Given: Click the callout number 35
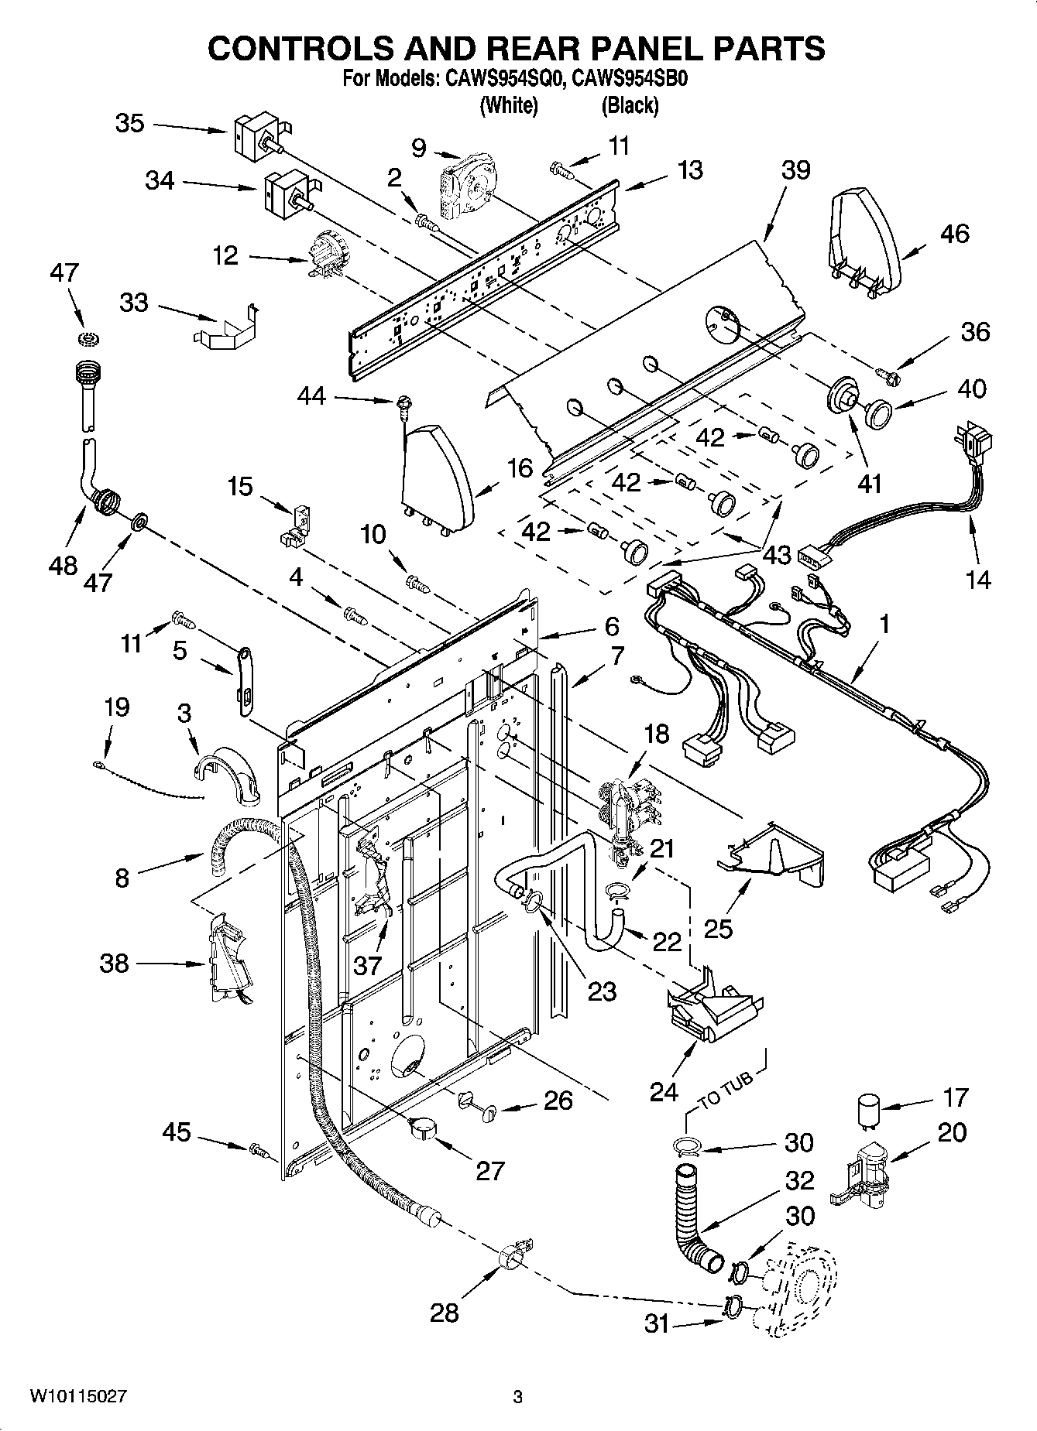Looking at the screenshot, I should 129,124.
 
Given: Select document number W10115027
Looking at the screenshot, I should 78,1396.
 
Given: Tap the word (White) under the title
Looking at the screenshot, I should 509,105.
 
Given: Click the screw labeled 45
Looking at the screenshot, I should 260,1152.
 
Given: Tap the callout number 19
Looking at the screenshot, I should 117,707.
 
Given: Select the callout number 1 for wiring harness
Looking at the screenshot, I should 884,623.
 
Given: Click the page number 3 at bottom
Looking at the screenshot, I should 517,1397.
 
